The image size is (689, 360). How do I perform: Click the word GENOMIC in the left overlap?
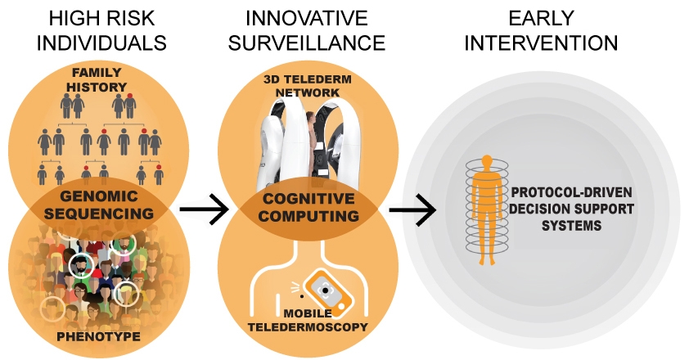(99, 196)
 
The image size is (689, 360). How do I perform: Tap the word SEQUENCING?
(99, 214)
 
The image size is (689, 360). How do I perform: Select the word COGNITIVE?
(308, 199)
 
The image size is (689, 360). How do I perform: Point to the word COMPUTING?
(308, 216)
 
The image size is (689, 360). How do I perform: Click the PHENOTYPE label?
(99, 337)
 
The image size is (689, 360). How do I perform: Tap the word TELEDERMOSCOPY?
(308, 327)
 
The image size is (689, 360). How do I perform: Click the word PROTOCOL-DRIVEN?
(572, 192)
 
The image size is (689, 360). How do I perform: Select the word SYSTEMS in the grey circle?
(572, 226)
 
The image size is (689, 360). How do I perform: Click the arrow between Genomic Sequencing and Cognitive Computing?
(205, 209)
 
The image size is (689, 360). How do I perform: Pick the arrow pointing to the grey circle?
(413, 209)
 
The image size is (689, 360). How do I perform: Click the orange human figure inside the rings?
(486, 210)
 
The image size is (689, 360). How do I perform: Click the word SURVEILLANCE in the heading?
(307, 43)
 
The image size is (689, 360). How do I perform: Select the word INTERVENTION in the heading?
(541, 43)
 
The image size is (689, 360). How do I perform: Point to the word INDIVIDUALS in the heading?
(101, 43)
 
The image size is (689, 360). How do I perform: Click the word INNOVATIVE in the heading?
(307, 18)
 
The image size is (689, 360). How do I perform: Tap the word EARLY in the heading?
(541, 18)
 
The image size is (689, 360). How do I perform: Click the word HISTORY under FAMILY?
(97, 87)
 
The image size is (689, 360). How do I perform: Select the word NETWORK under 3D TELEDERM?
(308, 92)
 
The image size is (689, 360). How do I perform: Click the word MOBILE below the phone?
(308, 313)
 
